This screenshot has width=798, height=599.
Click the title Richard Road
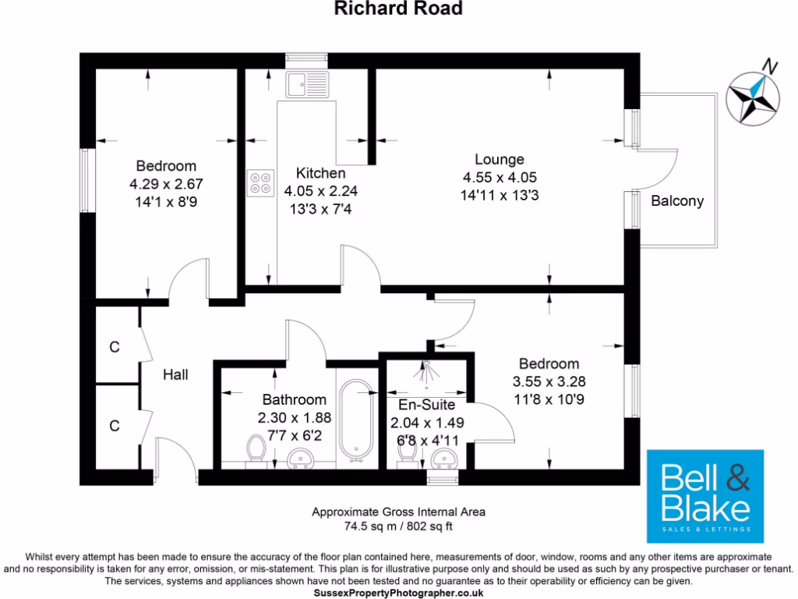(x=398, y=9)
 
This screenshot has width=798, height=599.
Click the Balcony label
(x=677, y=200)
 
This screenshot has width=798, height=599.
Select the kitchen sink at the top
(x=298, y=83)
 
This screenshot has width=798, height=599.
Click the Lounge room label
(x=499, y=160)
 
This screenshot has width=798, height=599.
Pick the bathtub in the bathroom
(x=358, y=417)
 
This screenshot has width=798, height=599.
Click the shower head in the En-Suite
(x=426, y=372)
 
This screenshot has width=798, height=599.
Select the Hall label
(x=175, y=374)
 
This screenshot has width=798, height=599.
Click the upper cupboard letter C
(x=115, y=347)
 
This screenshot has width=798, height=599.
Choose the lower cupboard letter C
(x=115, y=426)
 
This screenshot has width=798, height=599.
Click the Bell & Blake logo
(x=705, y=496)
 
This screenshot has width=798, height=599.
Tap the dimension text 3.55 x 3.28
(x=549, y=381)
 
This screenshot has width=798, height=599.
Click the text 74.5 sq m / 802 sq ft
(x=398, y=526)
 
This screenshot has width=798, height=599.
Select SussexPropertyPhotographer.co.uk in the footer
(x=398, y=593)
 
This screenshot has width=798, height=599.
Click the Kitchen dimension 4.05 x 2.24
(x=320, y=190)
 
